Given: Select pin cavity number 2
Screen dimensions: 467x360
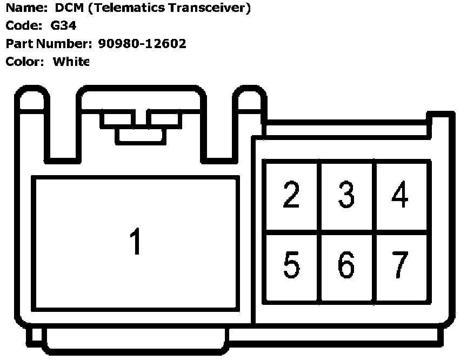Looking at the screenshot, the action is tap(291, 196).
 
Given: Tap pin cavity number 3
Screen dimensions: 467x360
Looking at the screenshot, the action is tap(346, 196).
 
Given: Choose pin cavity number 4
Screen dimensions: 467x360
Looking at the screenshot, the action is tap(401, 196).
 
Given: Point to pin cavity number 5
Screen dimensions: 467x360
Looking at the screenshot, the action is tap(291, 266).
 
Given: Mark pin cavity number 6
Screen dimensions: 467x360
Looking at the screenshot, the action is tap(346, 266).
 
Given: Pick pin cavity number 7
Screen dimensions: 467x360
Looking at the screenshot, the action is tap(401, 266).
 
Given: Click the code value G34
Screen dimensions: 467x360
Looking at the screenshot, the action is tap(56, 25).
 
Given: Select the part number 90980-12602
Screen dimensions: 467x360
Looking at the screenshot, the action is tap(142, 44).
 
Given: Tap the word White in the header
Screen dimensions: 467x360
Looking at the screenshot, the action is tap(70, 62).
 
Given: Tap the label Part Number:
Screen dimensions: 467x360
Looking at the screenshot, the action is tap(49, 44).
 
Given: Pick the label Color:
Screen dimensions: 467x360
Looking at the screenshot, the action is tap(24, 62).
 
